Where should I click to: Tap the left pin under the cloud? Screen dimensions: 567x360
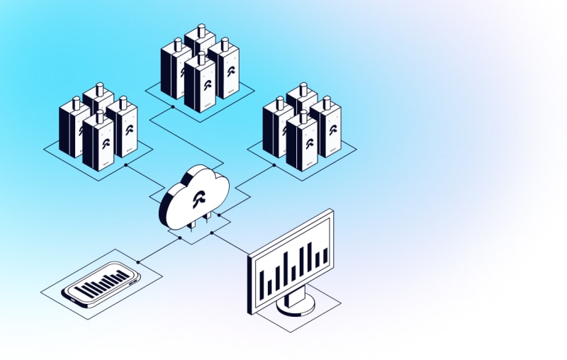click(x=193, y=226)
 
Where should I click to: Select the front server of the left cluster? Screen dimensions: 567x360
click(x=98, y=142)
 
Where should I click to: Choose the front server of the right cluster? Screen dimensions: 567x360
click(x=302, y=142)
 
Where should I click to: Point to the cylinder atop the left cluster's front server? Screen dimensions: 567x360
click(x=99, y=113)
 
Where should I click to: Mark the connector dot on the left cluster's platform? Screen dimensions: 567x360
click(x=125, y=165)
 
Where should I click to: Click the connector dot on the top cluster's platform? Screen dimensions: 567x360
click(x=172, y=107)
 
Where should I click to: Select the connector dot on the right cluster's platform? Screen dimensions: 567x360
click(x=274, y=165)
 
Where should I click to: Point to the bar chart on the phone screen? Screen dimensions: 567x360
click(x=103, y=286)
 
